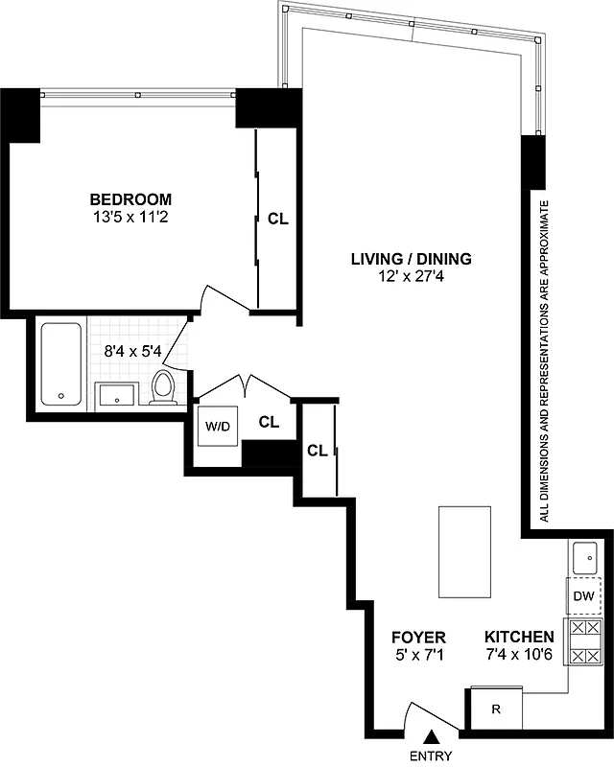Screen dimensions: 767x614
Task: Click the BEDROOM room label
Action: [x=130, y=199]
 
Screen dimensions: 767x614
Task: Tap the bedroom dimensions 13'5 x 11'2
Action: [x=130, y=217]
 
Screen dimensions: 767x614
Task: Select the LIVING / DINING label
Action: [x=411, y=260]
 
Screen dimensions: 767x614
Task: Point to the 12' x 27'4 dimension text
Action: [x=411, y=277]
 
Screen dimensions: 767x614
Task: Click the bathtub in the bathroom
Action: [x=62, y=363]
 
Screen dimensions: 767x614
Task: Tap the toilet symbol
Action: [x=163, y=387]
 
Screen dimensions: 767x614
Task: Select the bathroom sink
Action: [x=118, y=393]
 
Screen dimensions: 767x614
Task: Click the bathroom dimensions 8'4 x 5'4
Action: [x=131, y=351]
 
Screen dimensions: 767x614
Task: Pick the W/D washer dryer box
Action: [x=215, y=426]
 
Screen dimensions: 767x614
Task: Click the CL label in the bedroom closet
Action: [x=278, y=219]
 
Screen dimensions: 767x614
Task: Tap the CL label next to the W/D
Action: [x=269, y=420]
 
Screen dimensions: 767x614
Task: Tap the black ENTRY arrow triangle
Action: [x=432, y=737]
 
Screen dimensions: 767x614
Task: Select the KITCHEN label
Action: [x=518, y=637]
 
